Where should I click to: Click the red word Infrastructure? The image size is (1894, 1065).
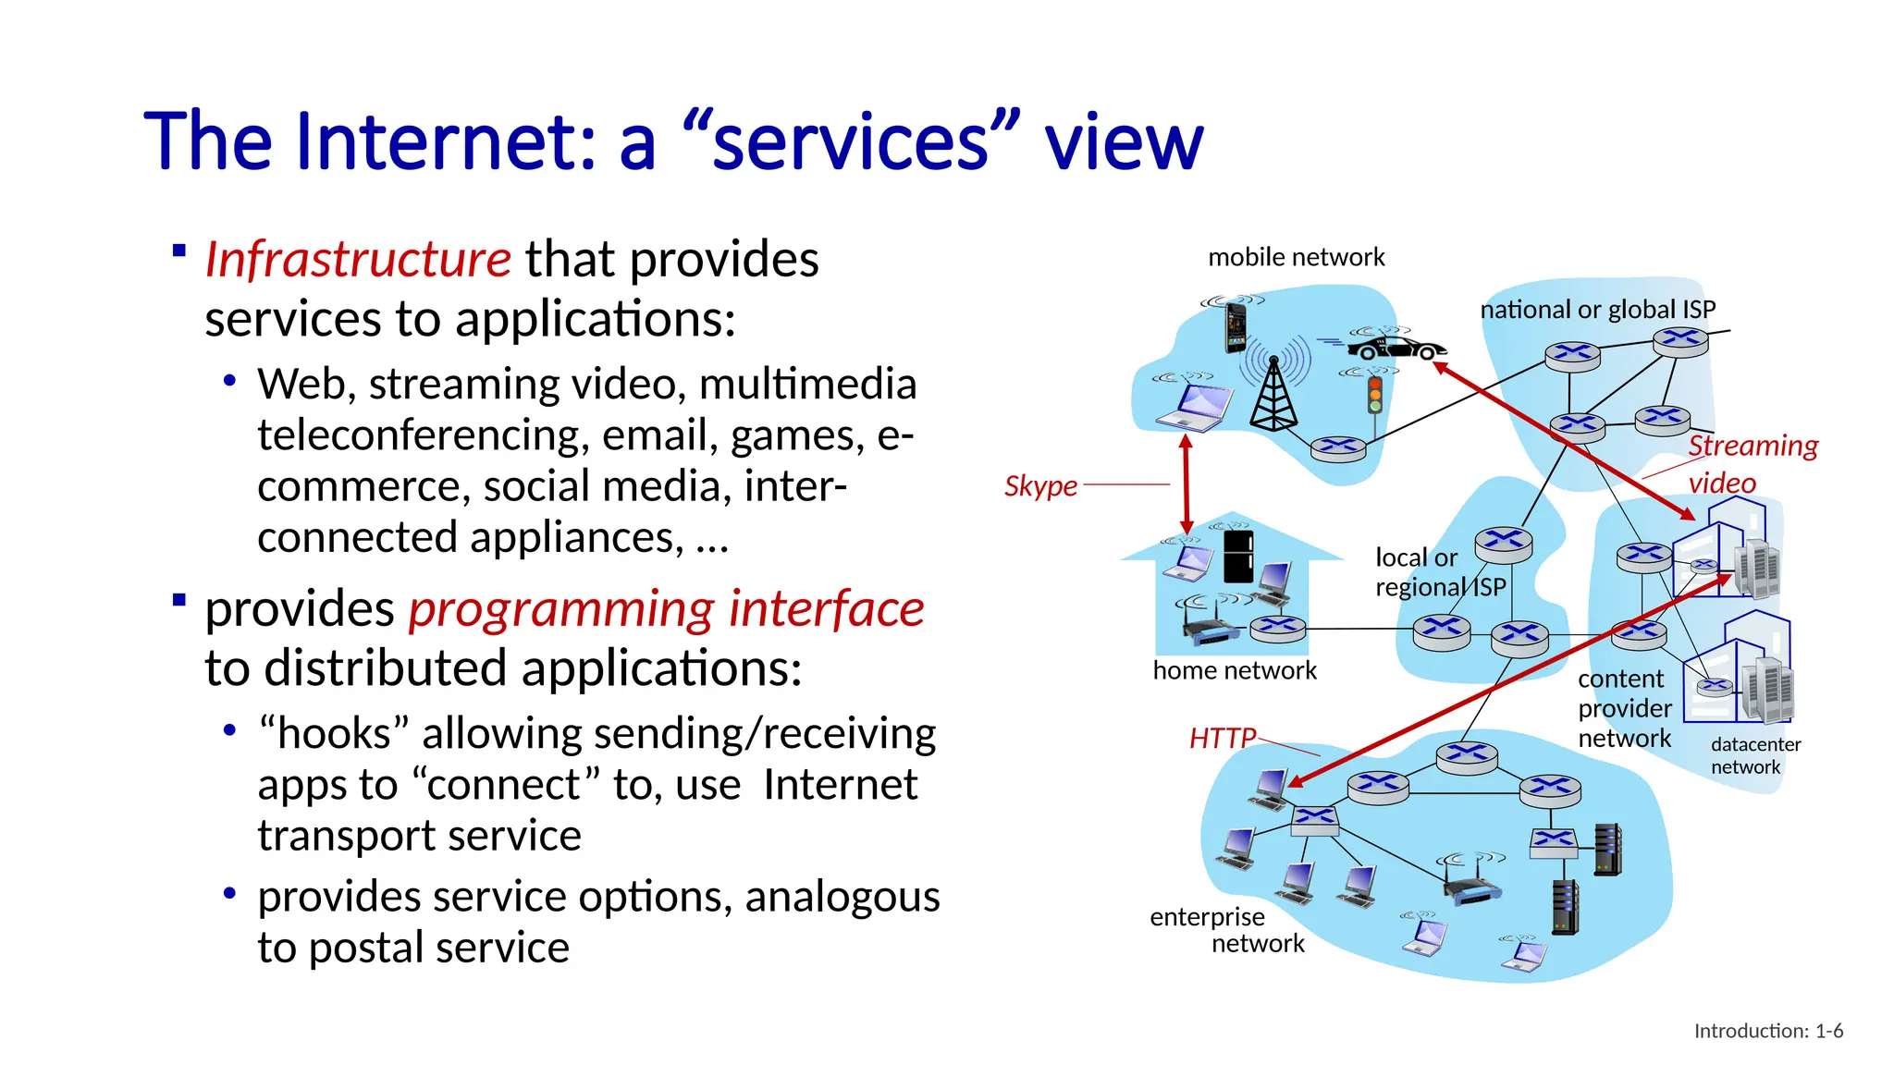point(357,259)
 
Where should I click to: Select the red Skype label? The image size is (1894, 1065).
point(1040,486)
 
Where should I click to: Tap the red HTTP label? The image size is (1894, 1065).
point(1222,739)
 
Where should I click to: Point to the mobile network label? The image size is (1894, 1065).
point(1296,257)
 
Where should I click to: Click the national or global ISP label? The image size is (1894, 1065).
point(1597,310)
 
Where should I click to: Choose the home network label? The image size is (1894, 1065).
point(1234,670)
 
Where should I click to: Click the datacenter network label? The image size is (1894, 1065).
point(1754,755)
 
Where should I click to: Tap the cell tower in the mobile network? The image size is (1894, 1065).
point(1273,393)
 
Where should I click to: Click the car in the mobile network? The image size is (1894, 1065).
point(1396,348)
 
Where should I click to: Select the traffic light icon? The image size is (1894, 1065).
point(1375,395)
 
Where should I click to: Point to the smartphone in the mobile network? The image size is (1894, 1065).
point(1236,327)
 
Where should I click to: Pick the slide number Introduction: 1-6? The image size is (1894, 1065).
point(1767,1031)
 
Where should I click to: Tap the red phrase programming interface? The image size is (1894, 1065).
point(666,609)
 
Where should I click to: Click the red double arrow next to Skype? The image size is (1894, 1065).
point(1187,484)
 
